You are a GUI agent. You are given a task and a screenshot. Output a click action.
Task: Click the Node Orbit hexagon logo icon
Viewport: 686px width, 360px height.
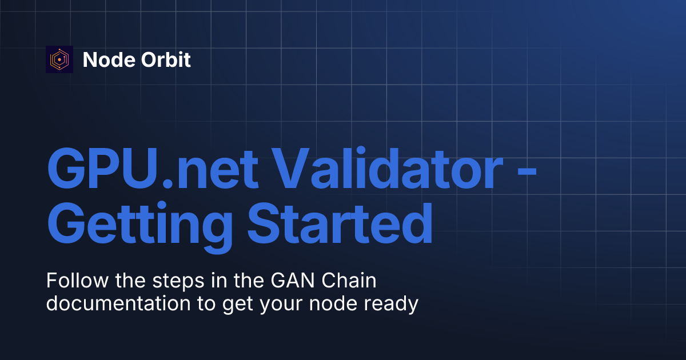[x=59, y=59]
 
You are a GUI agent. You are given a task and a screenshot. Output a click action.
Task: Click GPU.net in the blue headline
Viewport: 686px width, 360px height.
[x=153, y=169]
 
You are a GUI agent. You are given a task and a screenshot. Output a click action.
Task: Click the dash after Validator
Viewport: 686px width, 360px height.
[x=527, y=173]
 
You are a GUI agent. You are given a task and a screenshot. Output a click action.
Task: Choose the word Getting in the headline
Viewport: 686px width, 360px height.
[x=140, y=227]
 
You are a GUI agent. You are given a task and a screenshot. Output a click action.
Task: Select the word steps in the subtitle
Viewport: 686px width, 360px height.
[x=178, y=282]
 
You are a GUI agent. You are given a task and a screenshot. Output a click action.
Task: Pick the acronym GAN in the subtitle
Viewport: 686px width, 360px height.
[x=293, y=281]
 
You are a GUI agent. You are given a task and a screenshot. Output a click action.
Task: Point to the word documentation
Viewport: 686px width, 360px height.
[x=118, y=303]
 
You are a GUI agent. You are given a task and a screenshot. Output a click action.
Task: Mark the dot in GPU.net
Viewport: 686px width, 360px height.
[x=167, y=183]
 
